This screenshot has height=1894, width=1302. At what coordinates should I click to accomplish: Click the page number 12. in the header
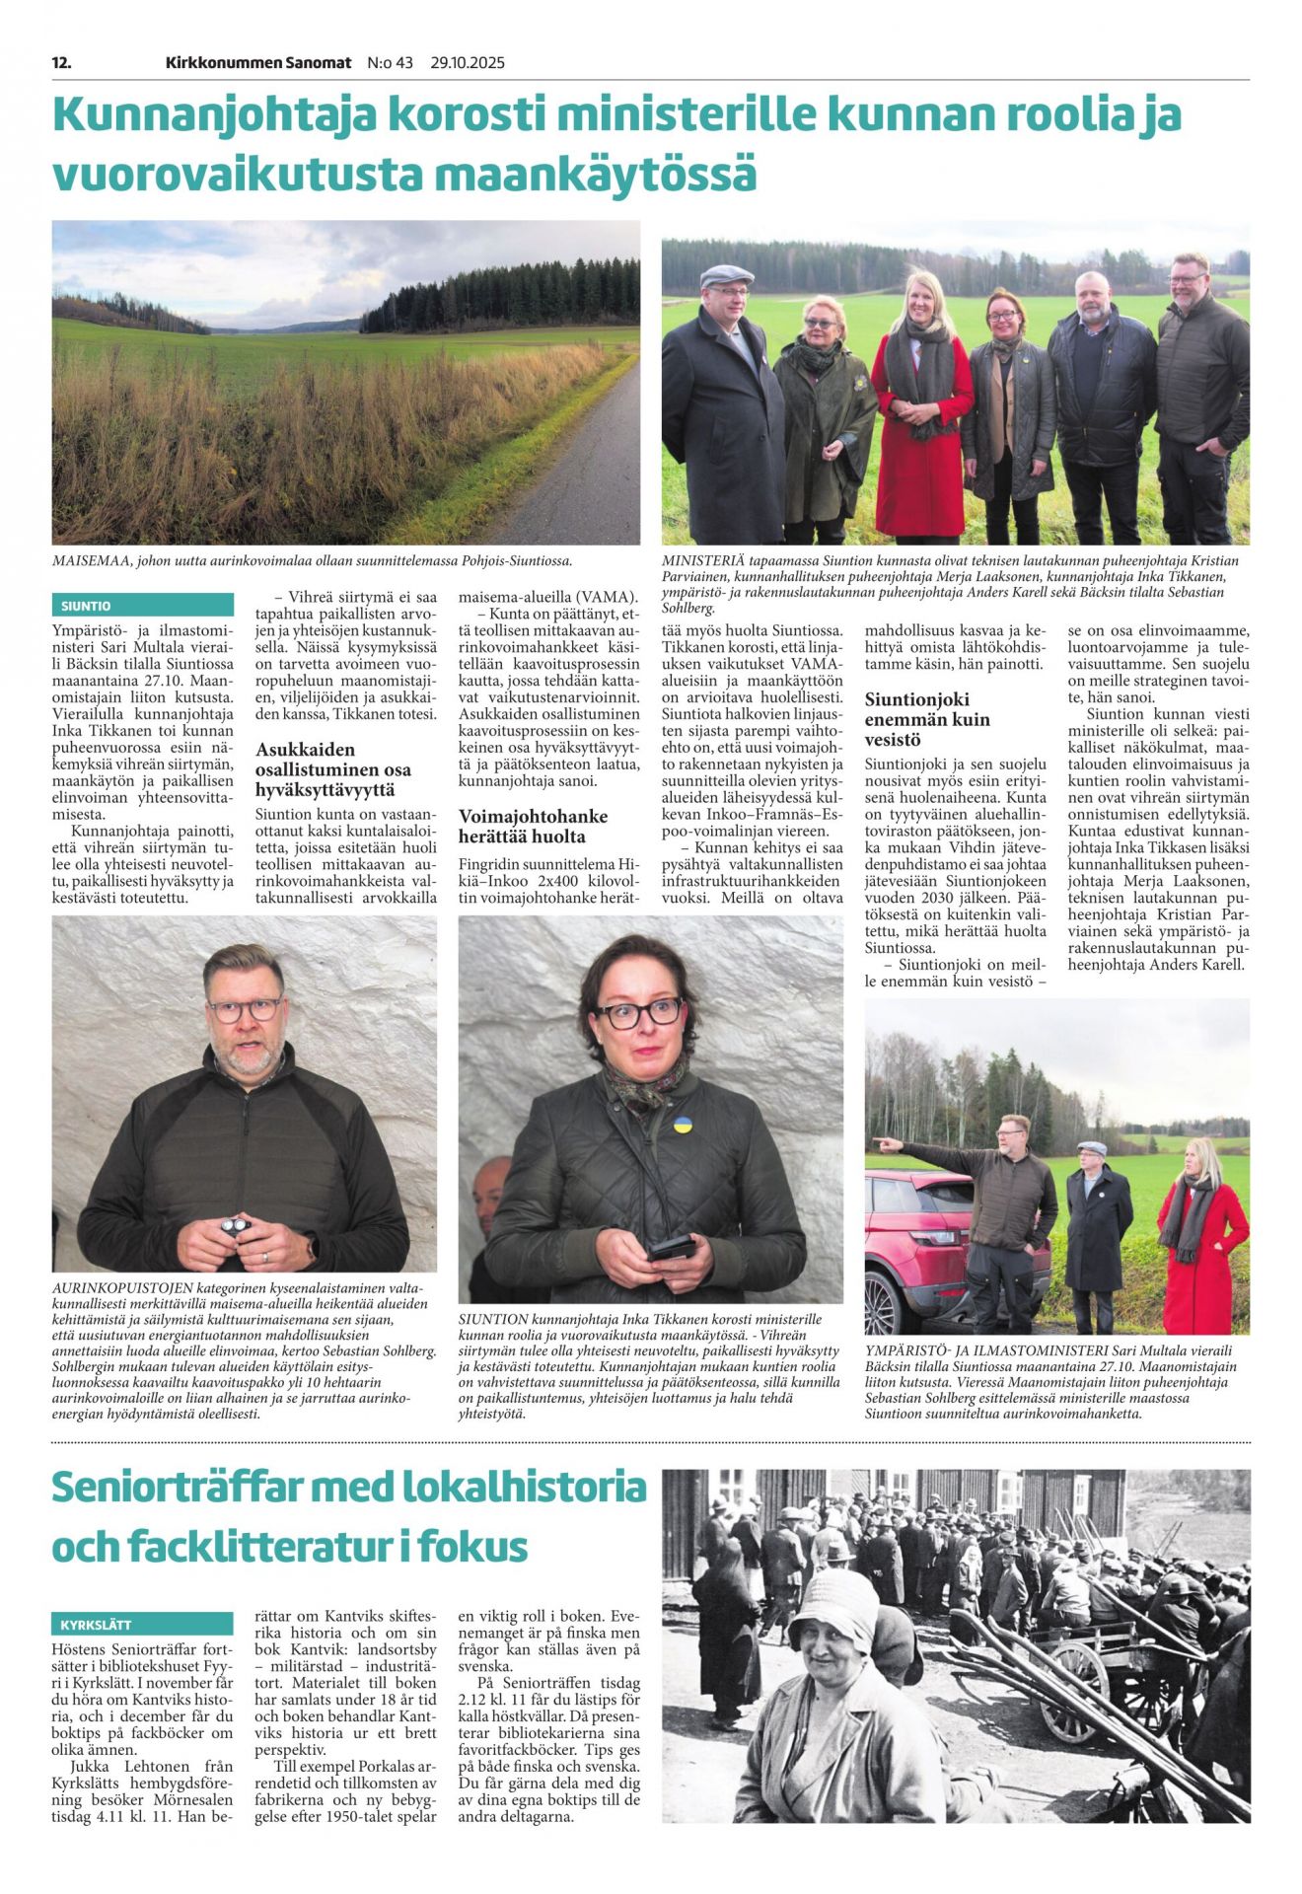61,63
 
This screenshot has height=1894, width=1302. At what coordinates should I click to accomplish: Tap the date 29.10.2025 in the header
467,63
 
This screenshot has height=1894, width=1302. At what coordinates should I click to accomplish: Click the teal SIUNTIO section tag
87,606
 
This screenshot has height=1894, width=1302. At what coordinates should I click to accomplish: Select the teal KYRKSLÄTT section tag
96,1625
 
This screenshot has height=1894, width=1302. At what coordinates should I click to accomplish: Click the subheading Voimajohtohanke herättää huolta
533,827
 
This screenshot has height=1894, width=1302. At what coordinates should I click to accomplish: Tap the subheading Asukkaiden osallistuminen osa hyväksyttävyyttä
333,769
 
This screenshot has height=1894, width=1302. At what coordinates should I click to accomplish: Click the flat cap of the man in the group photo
726,276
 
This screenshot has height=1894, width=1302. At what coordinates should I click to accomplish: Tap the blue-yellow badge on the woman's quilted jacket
681,1125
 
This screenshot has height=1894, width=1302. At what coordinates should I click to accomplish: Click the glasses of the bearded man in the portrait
244,1010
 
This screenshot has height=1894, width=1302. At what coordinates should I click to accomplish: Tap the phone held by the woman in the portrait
670,1249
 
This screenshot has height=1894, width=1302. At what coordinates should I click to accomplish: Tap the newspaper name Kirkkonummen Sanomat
258,63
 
